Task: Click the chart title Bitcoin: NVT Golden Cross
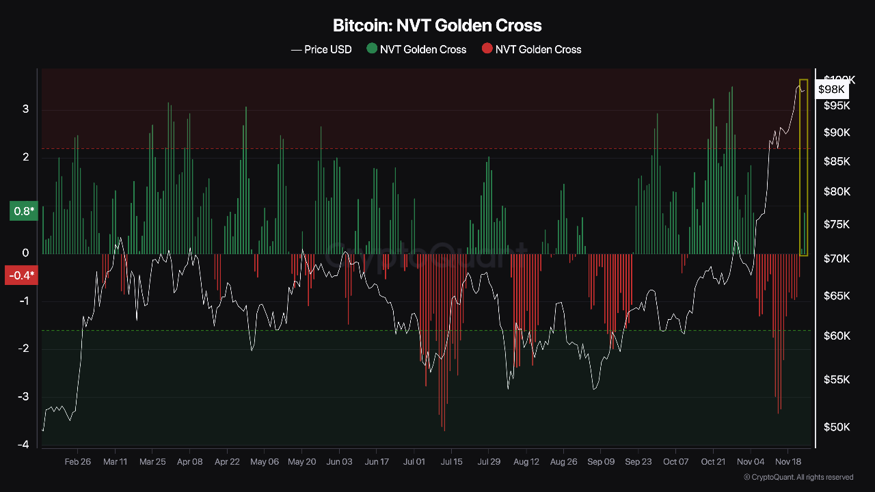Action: coord(437,26)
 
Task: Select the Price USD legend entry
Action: coord(321,49)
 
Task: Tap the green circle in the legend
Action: coord(372,49)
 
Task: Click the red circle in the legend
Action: coord(487,49)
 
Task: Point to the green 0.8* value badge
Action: coord(23,212)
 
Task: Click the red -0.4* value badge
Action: coord(21,275)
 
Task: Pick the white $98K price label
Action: coord(831,90)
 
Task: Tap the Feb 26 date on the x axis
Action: coord(77,461)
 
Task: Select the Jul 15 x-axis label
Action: coord(451,461)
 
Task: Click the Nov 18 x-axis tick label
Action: coord(788,461)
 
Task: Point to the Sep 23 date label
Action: coord(638,461)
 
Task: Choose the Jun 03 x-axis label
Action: coord(339,461)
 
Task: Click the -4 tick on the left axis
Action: coord(23,445)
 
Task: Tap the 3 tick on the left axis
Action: coord(25,109)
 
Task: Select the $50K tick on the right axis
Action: coord(837,427)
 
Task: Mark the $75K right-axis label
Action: coord(837,224)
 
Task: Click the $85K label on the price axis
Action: coord(837,162)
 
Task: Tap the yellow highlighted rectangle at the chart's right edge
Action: coord(803,167)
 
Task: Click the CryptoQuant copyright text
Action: coord(798,477)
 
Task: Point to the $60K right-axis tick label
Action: coord(837,336)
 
